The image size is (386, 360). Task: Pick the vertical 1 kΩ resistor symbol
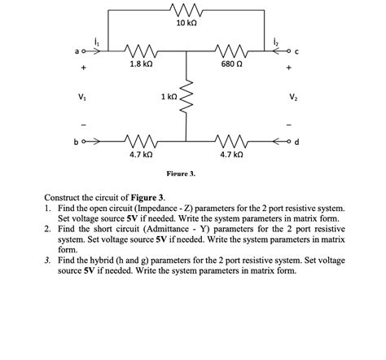click(188, 97)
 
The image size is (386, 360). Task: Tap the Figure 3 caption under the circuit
click(181, 173)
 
